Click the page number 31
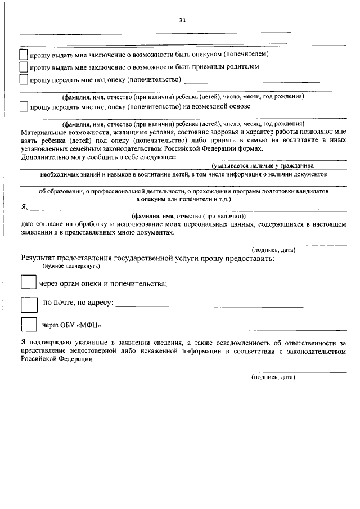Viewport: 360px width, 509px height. click(182, 20)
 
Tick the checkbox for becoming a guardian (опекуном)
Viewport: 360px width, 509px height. click(23, 55)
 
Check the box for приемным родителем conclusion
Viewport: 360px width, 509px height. click(23, 67)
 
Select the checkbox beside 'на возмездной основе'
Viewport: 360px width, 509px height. click(23, 106)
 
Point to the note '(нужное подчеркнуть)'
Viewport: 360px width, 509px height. click(71, 266)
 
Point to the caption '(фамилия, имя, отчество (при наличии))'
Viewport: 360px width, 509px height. click(188, 216)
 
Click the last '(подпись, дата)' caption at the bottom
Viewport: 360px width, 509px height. click(273, 377)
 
